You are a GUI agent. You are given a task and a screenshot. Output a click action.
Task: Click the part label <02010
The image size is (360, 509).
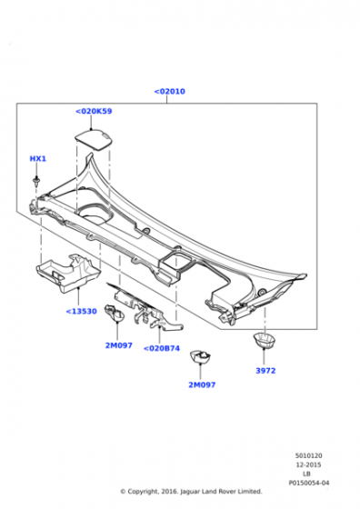click(x=169, y=92)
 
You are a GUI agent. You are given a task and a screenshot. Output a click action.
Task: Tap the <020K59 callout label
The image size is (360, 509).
click(x=94, y=111)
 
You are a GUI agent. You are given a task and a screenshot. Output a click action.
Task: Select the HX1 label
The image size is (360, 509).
click(x=38, y=159)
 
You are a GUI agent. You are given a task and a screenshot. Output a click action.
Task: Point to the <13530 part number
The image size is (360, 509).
click(x=82, y=311)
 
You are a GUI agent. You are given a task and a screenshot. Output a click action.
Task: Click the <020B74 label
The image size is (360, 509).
click(x=162, y=348)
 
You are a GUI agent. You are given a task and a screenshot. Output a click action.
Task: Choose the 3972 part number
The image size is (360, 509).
click(x=265, y=371)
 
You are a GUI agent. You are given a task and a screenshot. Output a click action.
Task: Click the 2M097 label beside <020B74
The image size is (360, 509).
click(x=119, y=345)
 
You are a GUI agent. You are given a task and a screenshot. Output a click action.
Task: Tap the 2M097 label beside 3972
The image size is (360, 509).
click(x=202, y=384)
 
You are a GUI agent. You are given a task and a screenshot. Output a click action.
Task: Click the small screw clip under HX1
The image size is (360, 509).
click(x=36, y=181)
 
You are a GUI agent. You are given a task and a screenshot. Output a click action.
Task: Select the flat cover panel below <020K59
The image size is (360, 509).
click(x=95, y=139)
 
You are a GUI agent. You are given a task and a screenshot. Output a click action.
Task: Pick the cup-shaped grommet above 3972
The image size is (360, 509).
click(x=265, y=341)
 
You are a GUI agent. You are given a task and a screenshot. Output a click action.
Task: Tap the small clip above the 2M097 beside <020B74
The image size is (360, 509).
click(x=115, y=313)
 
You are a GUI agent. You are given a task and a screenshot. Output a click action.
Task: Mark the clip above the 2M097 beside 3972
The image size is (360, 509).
click(x=200, y=356)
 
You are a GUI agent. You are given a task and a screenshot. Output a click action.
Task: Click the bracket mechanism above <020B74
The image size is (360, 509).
click(x=146, y=307)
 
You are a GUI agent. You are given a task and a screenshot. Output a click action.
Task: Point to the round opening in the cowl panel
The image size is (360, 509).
click(x=95, y=214)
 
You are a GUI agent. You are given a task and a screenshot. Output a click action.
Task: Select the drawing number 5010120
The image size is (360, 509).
click(x=309, y=455)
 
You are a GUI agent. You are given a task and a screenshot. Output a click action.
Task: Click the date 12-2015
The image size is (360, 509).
click(x=308, y=464)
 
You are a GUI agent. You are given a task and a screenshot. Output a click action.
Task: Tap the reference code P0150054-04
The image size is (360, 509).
click(x=309, y=483)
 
